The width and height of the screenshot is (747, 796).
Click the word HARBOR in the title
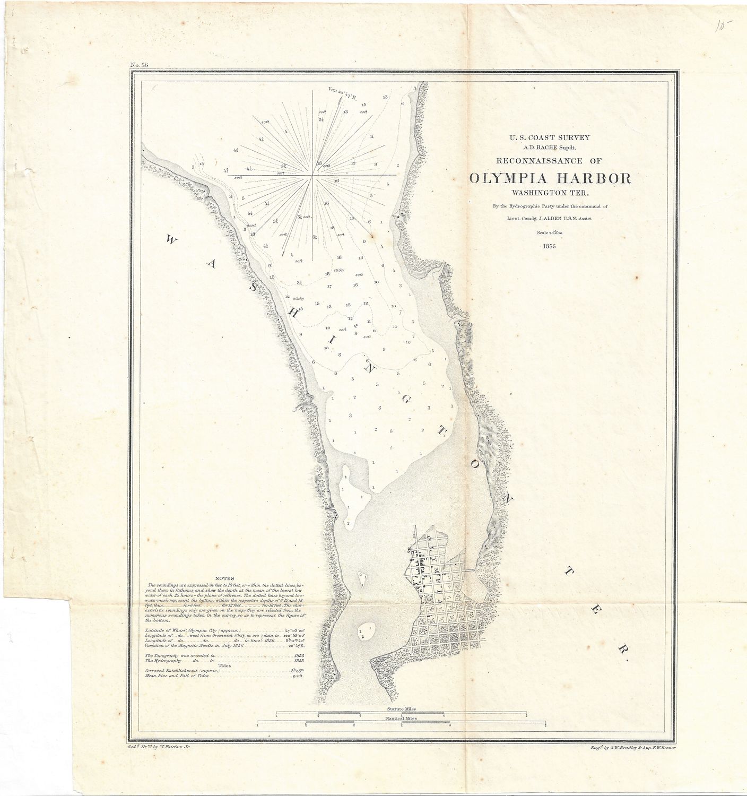(589, 178)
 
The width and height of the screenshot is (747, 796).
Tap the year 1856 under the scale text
(549, 247)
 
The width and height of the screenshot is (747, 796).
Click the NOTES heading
(225, 578)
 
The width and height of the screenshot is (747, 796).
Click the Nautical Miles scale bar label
(402, 719)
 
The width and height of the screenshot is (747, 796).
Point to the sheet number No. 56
(138, 65)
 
